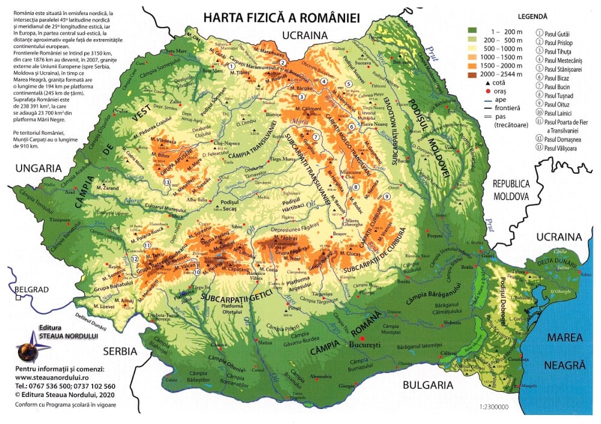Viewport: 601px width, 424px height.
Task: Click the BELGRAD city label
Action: pos(31,289)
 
